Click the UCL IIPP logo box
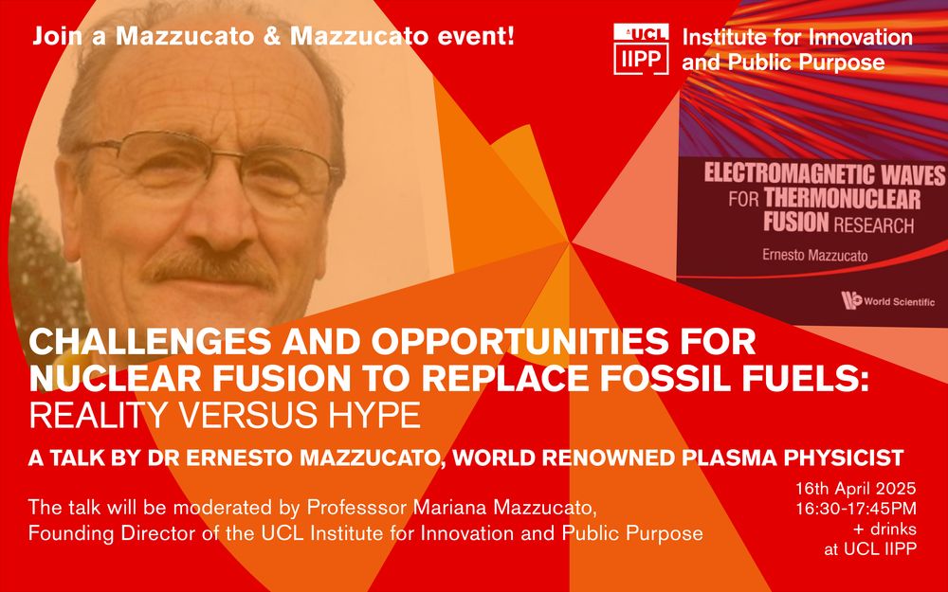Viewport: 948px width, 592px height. click(x=641, y=49)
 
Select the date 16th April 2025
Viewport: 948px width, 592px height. click(x=855, y=488)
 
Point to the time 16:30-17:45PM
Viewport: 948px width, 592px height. click(x=855, y=509)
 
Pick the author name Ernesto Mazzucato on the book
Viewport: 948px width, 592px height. click(x=814, y=255)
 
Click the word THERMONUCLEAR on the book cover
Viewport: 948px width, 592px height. click(x=842, y=199)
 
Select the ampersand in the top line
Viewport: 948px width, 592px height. click(x=271, y=37)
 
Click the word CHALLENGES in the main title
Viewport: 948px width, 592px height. click(x=150, y=342)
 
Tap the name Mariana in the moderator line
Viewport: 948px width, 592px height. click(x=449, y=508)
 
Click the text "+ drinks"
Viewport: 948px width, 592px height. click(x=884, y=529)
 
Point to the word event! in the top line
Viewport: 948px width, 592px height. click(x=476, y=37)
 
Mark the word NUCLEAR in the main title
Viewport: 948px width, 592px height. click(x=115, y=378)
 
